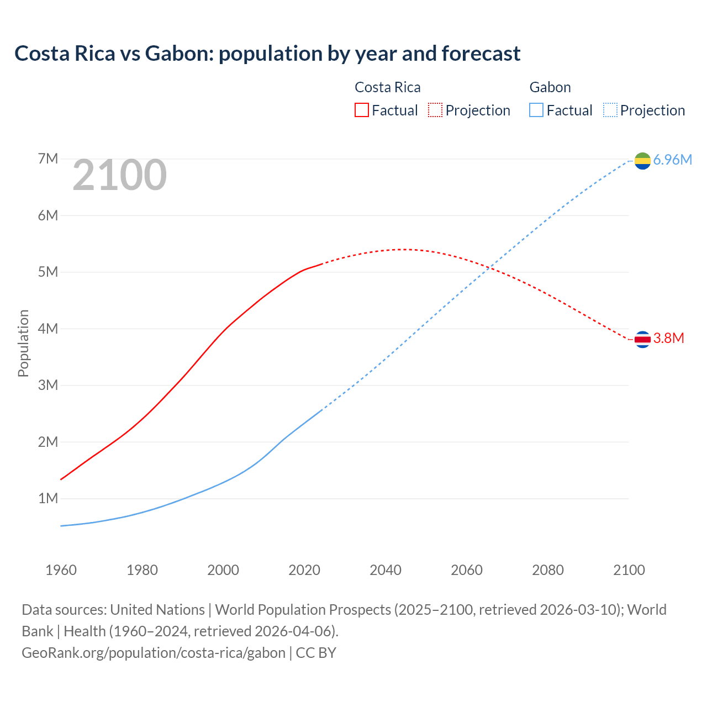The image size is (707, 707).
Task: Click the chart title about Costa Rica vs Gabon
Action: [267, 54]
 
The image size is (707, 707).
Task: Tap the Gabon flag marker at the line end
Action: [642, 161]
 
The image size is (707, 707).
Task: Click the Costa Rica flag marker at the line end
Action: [642, 339]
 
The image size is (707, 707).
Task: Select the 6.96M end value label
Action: [672, 160]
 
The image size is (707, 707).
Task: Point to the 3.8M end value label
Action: [668, 339]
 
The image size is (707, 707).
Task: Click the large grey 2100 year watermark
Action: [119, 175]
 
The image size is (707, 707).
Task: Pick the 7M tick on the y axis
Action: [48, 159]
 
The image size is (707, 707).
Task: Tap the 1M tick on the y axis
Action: [48, 499]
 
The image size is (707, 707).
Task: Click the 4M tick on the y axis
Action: [48, 329]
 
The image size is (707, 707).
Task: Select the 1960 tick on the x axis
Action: [61, 570]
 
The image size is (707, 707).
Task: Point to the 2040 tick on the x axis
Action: [386, 570]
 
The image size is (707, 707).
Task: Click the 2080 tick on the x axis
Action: [548, 570]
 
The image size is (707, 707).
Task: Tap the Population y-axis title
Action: [23, 343]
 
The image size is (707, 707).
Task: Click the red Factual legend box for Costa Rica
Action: [362, 110]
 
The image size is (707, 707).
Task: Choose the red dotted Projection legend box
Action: [435, 110]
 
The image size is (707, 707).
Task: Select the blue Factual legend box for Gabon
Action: [536, 110]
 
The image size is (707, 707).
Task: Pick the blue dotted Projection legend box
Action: [610, 110]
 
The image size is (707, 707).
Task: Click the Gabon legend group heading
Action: [550, 87]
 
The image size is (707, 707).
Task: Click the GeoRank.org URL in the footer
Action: [154, 653]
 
